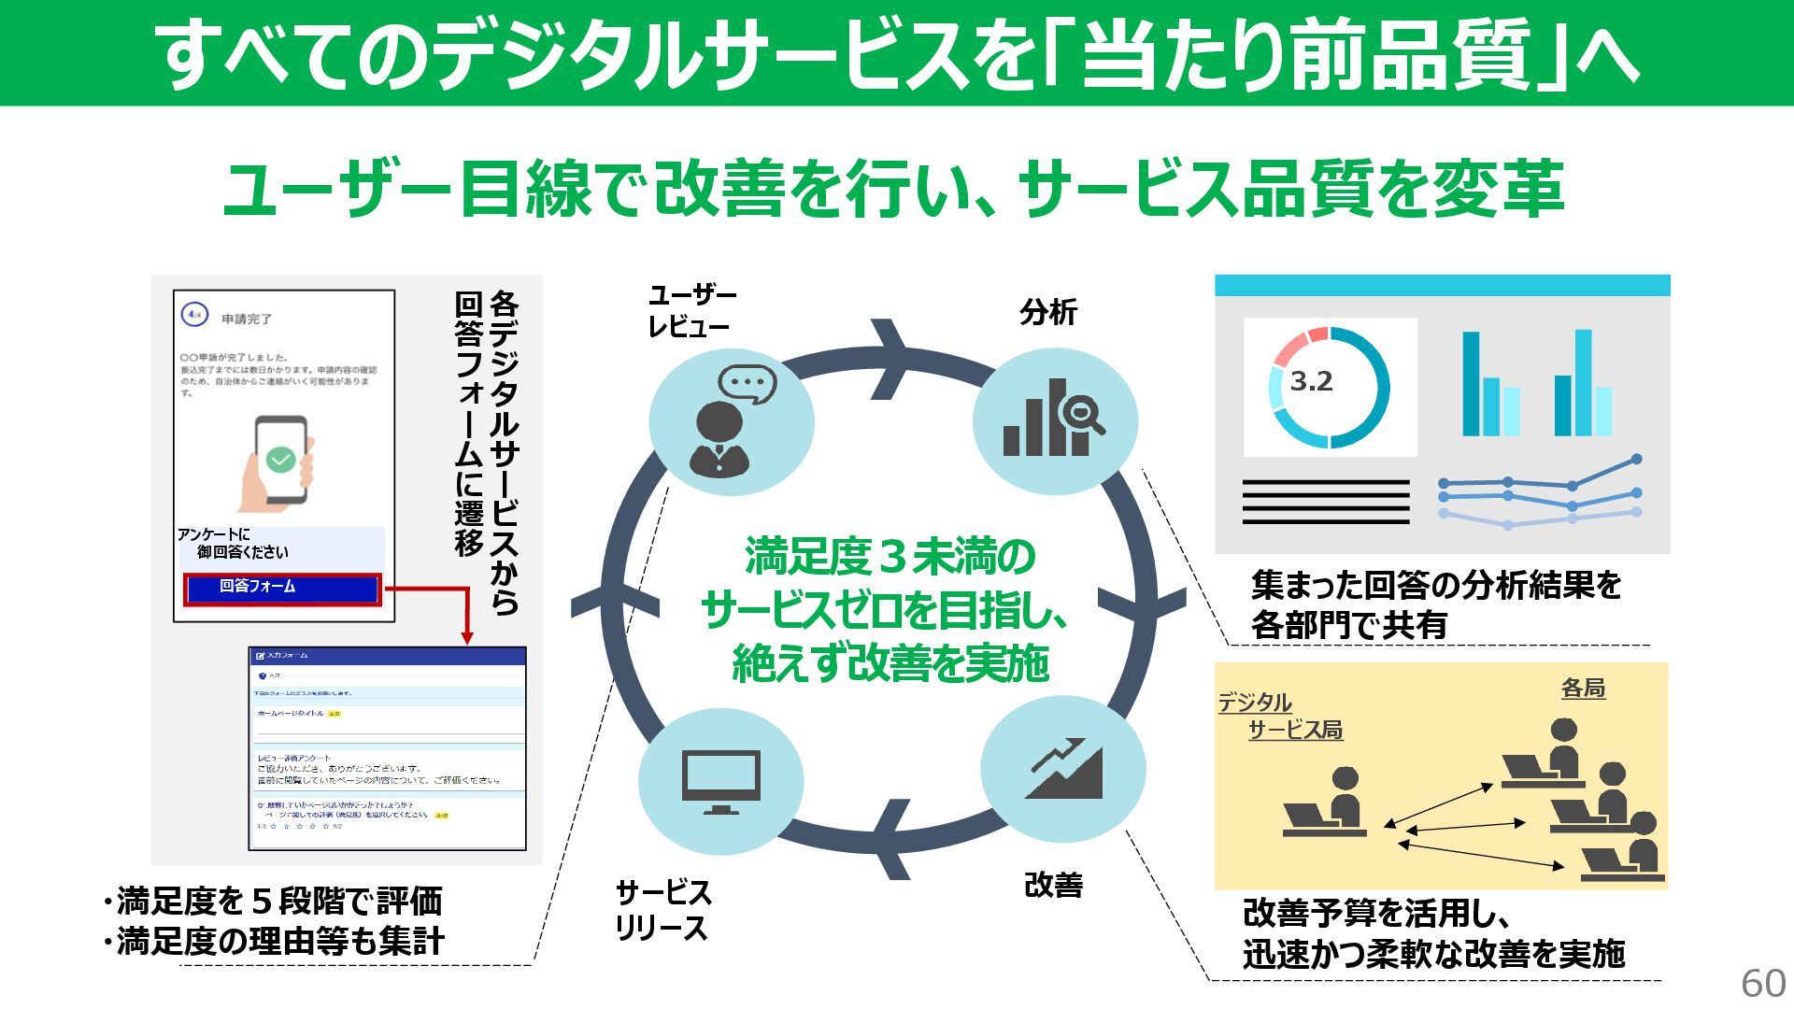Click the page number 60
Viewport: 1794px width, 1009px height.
pyautogui.click(x=1762, y=983)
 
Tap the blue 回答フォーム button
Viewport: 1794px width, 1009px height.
pyautogui.click(x=282, y=589)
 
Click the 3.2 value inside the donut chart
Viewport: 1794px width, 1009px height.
pyautogui.click(x=1311, y=382)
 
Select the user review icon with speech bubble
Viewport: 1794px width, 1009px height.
pyautogui.click(x=731, y=421)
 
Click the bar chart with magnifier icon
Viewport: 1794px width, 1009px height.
pyautogui.click(x=1054, y=419)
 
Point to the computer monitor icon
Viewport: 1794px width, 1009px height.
pyautogui.click(x=720, y=782)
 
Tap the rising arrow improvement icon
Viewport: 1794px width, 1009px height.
pyautogui.click(x=1063, y=769)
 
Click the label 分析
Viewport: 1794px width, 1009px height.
pyautogui.click(x=1047, y=313)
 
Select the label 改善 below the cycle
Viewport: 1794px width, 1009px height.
pyautogui.click(x=1053, y=885)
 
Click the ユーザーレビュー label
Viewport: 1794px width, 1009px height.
pyautogui.click(x=691, y=311)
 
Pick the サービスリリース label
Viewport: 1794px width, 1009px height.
pyautogui.click(x=662, y=910)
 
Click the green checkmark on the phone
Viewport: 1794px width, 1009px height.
pyautogui.click(x=280, y=459)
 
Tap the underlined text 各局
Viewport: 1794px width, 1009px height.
pyautogui.click(x=1583, y=689)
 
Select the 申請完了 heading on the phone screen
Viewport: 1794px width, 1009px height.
pyautogui.click(x=247, y=320)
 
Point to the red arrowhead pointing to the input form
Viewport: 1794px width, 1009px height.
pyautogui.click(x=467, y=637)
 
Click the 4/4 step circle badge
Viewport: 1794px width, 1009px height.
pyautogui.click(x=194, y=315)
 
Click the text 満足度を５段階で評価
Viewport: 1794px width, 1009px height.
pyautogui.click(x=274, y=902)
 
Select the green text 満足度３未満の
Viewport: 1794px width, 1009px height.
pyautogui.click(x=890, y=558)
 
